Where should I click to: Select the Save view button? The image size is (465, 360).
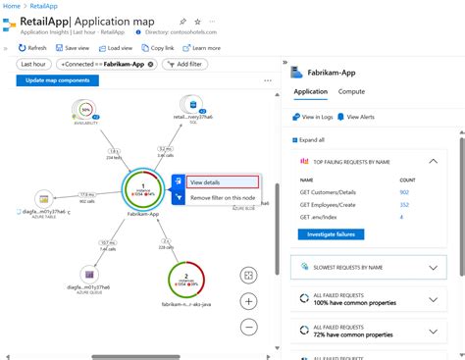pos(73,47)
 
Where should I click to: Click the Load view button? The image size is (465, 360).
pos(116,47)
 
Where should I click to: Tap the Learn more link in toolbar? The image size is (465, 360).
pos(202,47)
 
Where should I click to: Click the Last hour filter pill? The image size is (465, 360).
pos(32,64)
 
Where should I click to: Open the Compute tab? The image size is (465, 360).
pos(352,91)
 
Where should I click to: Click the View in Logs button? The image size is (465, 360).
pos(312,117)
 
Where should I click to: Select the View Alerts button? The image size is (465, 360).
pos(357,117)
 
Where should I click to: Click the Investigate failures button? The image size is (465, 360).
pos(331,234)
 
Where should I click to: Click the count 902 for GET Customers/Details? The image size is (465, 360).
pos(404,192)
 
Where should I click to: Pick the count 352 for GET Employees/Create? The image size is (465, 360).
pos(404,204)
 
